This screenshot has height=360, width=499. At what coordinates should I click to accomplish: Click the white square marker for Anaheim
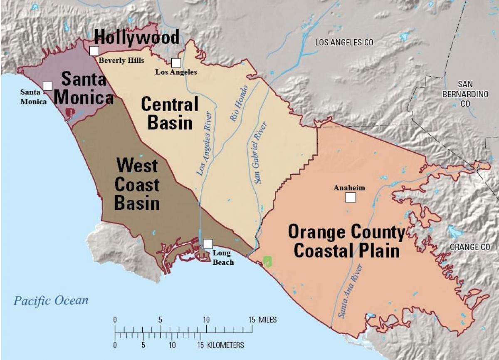(351, 197)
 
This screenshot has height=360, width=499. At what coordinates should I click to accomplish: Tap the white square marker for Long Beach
(208, 243)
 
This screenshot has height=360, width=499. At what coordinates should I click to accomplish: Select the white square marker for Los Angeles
(176, 63)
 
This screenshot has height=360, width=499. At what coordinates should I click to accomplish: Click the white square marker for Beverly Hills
(94, 51)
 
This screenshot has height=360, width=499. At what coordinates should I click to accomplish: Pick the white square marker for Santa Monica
(47, 86)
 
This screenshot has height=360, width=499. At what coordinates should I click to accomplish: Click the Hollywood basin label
(137, 37)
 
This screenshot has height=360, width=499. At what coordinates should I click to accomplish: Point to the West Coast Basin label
(137, 184)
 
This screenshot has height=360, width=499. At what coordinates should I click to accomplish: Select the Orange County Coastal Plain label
(346, 242)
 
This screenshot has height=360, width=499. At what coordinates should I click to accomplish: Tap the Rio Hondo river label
(239, 103)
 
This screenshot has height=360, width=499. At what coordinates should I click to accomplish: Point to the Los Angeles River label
(206, 144)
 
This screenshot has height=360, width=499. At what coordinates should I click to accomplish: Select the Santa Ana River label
(350, 291)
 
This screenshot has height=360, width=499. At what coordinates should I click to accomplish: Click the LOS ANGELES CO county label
(344, 42)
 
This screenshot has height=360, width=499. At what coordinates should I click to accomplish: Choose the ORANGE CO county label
(470, 247)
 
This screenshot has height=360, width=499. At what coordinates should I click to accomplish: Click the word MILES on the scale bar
(268, 320)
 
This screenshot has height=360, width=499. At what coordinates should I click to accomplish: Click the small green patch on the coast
(267, 261)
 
